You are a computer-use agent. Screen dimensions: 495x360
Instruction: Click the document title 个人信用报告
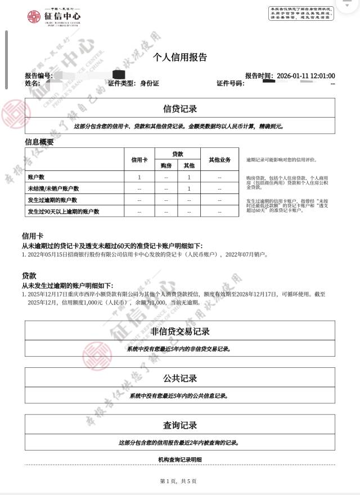pos(180,57)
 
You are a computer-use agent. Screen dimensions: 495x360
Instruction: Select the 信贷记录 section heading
pos(180,109)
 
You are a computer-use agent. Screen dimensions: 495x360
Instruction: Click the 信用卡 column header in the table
pos(139,160)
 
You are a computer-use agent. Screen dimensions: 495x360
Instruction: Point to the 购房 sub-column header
pos(166,166)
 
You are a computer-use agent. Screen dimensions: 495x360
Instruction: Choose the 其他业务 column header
pos(219,160)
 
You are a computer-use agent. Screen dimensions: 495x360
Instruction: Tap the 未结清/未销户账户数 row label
pos(53,188)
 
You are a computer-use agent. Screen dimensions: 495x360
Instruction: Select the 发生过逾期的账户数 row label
pos(52,200)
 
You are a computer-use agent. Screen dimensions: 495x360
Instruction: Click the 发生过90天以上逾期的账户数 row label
pos(63,211)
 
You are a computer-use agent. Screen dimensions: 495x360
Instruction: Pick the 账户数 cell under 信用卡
pos(139,177)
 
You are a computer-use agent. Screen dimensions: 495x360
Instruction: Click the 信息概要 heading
pos(39,142)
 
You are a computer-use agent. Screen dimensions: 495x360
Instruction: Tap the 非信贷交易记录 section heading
pos(180,331)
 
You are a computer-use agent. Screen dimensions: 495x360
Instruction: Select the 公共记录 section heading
pos(180,378)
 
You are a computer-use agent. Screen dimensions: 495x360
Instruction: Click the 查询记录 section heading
pos(180,425)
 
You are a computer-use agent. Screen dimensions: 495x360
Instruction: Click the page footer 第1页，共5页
pos(178,481)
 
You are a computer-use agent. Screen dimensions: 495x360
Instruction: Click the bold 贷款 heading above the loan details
pos(29,276)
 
